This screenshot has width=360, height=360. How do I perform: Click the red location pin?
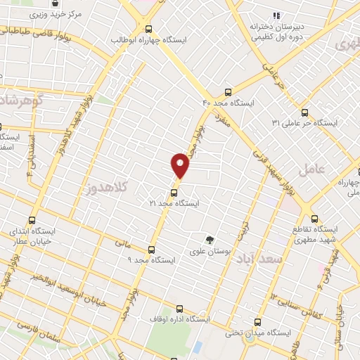tap(180, 166)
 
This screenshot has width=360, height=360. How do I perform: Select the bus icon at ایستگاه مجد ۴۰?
tap(227, 92)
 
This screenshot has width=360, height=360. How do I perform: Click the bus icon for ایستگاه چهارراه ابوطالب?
tap(148, 29)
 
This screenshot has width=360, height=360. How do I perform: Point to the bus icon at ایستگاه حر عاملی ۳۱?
tap(304, 112)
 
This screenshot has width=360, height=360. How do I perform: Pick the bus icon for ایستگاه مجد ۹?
tap(151, 249)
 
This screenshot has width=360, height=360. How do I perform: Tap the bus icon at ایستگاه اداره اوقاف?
tap(179, 308)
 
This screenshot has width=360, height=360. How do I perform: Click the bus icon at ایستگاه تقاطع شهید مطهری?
tap(314, 219)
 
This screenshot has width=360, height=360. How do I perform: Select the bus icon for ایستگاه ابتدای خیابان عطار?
tap(31, 219)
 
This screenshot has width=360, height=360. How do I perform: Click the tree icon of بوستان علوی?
tap(208, 240)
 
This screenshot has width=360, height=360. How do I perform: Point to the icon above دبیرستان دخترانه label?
tap(276, 15)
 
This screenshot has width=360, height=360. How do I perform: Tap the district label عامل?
tap(311, 169)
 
